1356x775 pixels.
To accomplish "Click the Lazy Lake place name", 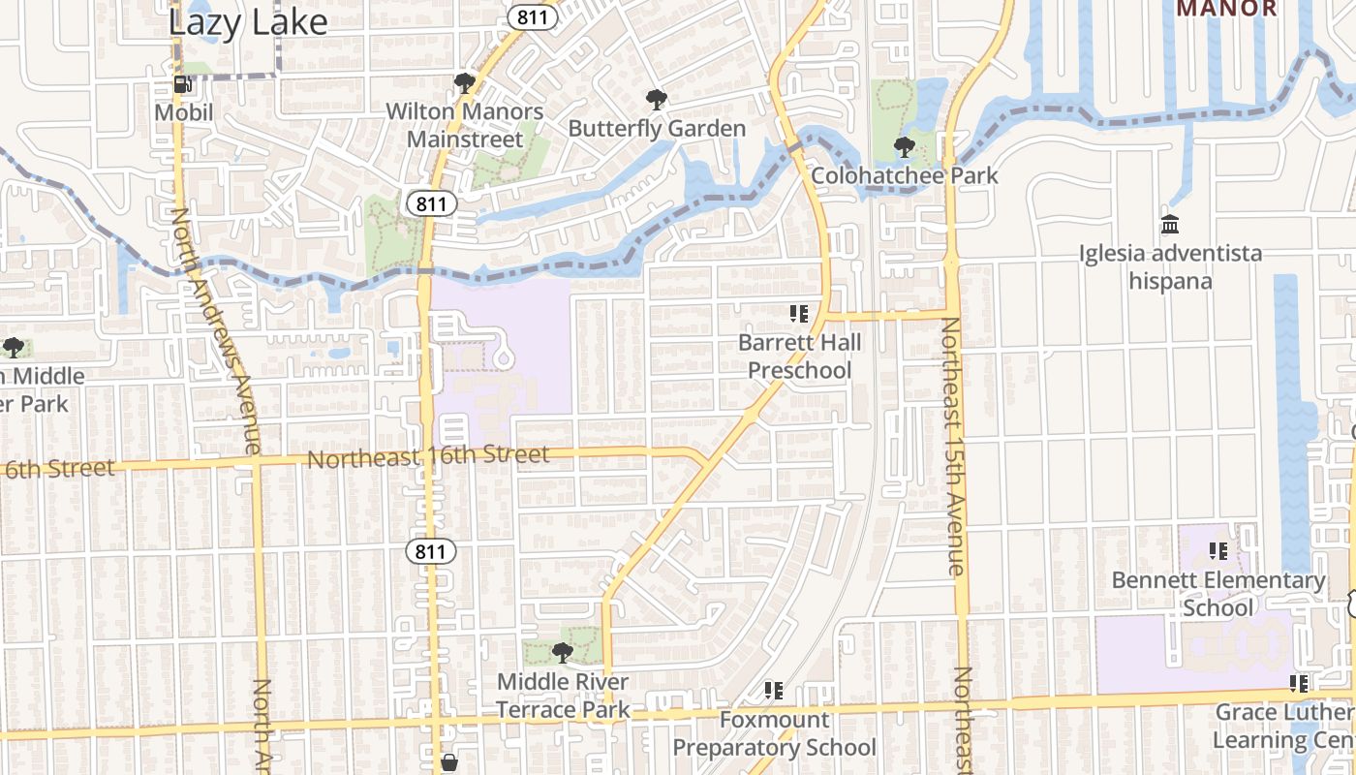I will (248, 21).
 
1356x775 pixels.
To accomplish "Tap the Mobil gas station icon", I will (181, 84).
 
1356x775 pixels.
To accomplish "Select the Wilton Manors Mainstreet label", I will (465, 125).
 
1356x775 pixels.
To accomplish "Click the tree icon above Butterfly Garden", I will (657, 99).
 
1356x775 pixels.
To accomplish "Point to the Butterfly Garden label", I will (657, 128).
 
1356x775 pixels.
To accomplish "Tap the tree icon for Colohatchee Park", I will (905, 147).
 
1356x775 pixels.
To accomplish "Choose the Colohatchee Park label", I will (905, 176).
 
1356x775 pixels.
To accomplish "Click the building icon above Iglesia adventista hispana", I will (1170, 224).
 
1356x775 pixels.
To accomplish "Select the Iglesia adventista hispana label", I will (1171, 267).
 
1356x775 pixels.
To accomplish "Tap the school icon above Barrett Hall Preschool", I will (799, 313).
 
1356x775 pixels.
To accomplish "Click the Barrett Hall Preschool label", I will (799, 356).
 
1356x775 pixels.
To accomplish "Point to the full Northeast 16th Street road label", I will (428, 456).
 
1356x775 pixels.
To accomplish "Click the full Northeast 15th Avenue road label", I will (953, 447).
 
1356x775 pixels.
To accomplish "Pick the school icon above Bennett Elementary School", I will (1218, 551).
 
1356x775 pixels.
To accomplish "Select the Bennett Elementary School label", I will (1218, 594).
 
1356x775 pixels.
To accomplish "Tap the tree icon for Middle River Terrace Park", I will (563, 652).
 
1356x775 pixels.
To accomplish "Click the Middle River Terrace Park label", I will (563, 696).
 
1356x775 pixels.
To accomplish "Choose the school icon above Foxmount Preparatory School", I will (773, 690).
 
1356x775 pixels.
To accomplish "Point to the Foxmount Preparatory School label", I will (774, 733).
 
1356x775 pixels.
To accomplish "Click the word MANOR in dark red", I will (1226, 9).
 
